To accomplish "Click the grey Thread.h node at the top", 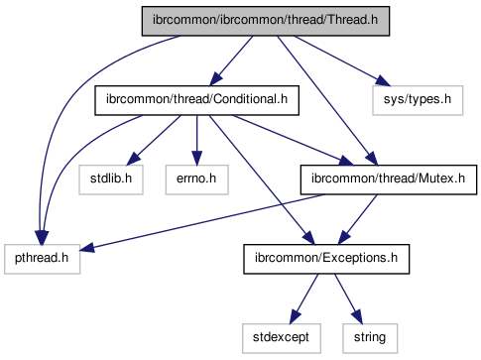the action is click(x=266, y=21).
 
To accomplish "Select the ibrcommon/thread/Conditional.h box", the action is click(x=196, y=100).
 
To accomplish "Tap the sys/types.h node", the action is click(x=418, y=100).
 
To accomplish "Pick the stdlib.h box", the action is click(x=111, y=180).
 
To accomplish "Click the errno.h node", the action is click(x=196, y=180).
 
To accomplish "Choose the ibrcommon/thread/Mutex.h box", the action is click(x=389, y=180).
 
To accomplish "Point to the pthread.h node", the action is click(x=42, y=259).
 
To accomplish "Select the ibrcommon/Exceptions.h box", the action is click(x=326, y=259).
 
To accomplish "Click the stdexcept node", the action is click(x=282, y=338).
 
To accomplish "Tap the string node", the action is click(x=370, y=338).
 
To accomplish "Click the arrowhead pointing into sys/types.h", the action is click(x=383, y=81).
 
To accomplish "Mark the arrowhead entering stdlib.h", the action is click(x=134, y=158).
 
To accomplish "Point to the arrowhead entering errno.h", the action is click(x=196, y=158).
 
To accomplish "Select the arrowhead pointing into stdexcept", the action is click(x=295, y=317).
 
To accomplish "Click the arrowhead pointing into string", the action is click(x=357, y=317).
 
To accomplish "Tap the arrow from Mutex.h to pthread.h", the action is click(x=202, y=222).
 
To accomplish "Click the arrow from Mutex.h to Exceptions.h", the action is click(x=358, y=219).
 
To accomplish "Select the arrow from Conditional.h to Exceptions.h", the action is click(x=262, y=180).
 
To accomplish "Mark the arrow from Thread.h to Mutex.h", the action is click(x=327, y=100).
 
